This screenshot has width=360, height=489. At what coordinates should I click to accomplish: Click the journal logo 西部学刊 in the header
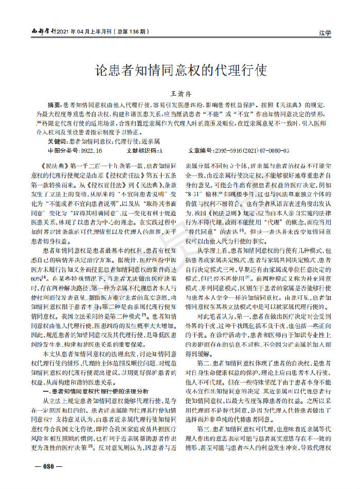(x=41, y=32)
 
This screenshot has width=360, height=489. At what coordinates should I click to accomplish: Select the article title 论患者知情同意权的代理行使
(x=179, y=71)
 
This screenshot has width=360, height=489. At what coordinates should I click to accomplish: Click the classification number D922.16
(x=91, y=150)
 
